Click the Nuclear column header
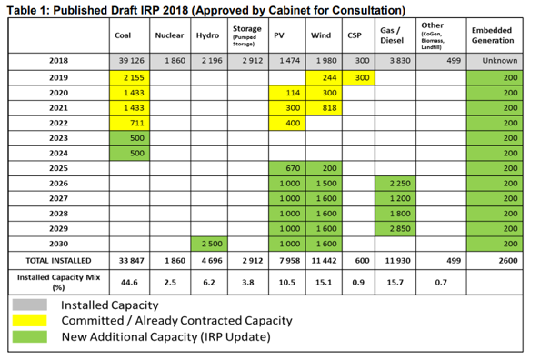click(169, 35)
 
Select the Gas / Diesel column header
click(392, 35)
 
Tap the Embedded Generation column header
click(493, 35)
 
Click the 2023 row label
click(58, 138)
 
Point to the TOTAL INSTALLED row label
click(58, 260)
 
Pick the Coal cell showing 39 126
click(129, 62)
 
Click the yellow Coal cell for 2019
click(129, 78)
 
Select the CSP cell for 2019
click(358, 78)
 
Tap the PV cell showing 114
click(287, 93)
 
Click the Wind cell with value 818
click(324, 108)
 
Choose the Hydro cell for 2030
click(209, 244)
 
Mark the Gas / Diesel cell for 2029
click(395, 229)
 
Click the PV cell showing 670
click(287, 168)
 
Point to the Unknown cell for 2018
click(495, 62)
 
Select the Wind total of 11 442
click(324, 261)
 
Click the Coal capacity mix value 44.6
click(129, 283)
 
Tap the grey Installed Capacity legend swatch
click(30, 305)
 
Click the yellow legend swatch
click(30, 320)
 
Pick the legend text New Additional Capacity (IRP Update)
click(166, 336)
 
